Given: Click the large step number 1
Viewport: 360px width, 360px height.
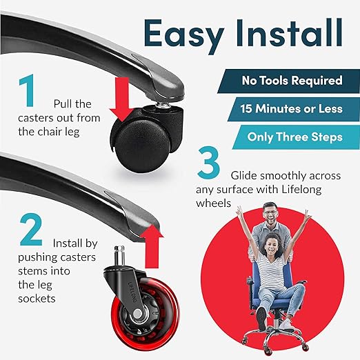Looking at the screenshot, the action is click(x=27, y=90).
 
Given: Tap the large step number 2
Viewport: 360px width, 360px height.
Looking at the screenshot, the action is click(x=31, y=230).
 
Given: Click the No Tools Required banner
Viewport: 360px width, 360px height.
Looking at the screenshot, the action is click(x=289, y=81).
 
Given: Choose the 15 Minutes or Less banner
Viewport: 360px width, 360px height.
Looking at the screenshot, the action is click(x=294, y=109).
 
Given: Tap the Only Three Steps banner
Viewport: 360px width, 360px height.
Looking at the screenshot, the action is click(x=296, y=137).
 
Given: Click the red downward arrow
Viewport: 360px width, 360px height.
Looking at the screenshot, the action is click(x=122, y=99).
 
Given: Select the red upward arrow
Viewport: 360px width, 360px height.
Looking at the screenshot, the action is click(x=152, y=246).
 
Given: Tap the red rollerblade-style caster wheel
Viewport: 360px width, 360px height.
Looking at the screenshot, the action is click(x=145, y=315).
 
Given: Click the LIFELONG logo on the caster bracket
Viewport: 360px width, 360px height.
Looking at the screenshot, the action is click(x=133, y=292).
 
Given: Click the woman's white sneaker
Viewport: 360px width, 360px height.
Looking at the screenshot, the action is click(x=287, y=325).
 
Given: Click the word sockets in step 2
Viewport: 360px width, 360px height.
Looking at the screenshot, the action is click(x=37, y=299).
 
